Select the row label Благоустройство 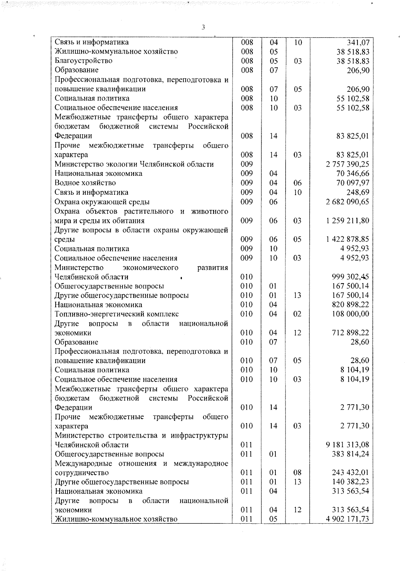tap(84, 61)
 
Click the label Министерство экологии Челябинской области tap(134, 164)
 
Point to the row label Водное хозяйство tap(85, 183)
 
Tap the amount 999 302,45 tap(350, 277)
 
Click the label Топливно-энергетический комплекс tap(117, 314)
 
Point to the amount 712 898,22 tap(351, 333)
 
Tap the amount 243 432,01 tap(351, 473)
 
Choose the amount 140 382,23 tap(351, 482)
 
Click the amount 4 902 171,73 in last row tap(347, 519)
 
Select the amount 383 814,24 tap(351, 454)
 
